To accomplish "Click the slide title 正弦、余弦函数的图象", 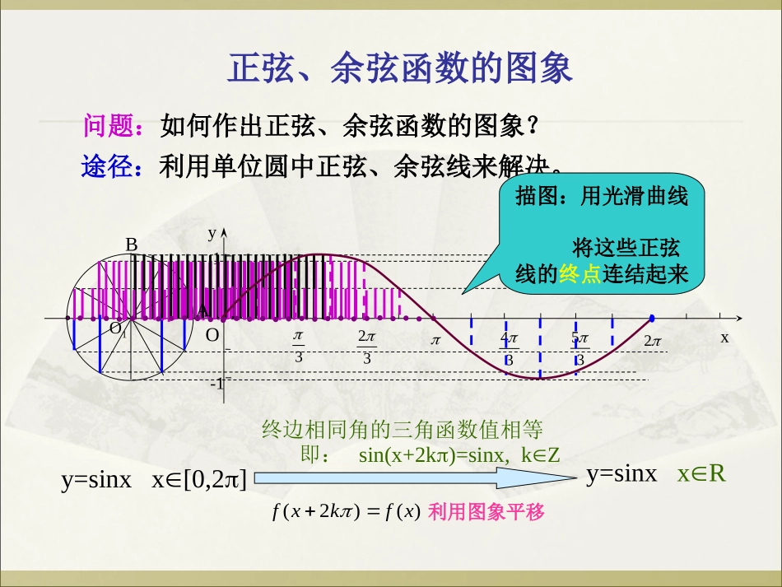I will (399, 69).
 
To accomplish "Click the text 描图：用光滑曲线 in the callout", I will (601, 197).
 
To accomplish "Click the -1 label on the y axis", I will (217, 384).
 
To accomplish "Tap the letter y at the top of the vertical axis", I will (212, 233).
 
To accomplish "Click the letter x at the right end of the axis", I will (724, 338).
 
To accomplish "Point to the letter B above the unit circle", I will (131, 245).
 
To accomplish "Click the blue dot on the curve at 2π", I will (652, 318).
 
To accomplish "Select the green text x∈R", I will (701, 474).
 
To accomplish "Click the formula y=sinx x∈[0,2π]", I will (154, 480).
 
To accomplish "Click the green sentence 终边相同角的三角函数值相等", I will (402, 429).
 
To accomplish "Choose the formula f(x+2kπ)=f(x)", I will (346, 512).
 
